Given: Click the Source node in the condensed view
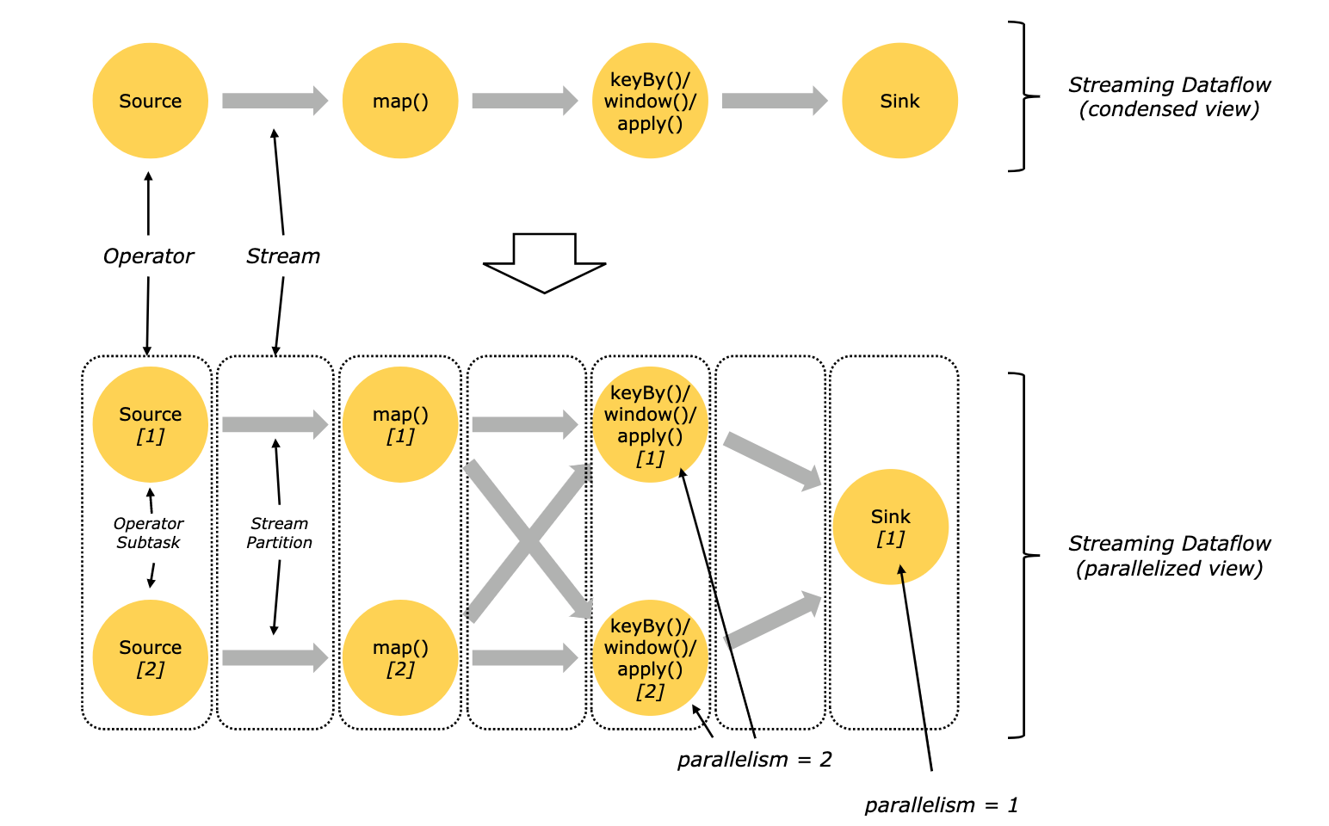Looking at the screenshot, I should click(x=150, y=101).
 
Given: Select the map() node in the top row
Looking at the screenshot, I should click(x=400, y=101).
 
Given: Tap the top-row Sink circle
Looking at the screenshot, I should click(x=899, y=101).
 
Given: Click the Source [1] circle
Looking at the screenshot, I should click(x=150, y=424).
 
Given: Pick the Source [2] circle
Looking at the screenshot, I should click(x=150, y=657).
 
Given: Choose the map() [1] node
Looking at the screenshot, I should click(x=400, y=424).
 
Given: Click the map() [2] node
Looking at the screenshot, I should click(x=400, y=657).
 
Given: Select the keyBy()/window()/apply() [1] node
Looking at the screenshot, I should click(x=650, y=424).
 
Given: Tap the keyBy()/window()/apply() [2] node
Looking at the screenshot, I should click(x=650, y=657).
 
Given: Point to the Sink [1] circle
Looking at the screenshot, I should click(x=890, y=527).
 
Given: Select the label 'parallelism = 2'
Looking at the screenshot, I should click(x=754, y=760).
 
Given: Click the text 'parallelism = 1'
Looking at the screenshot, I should click(x=941, y=805).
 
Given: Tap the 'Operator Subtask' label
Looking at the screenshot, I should click(x=149, y=533).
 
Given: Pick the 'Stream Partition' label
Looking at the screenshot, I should click(x=279, y=533).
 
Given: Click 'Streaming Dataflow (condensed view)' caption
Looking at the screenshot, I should click(x=1169, y=97).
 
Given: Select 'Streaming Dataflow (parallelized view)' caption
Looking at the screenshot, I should click(x=1169, y=556).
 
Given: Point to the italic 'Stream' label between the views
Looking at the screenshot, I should click(x=283, y=256).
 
